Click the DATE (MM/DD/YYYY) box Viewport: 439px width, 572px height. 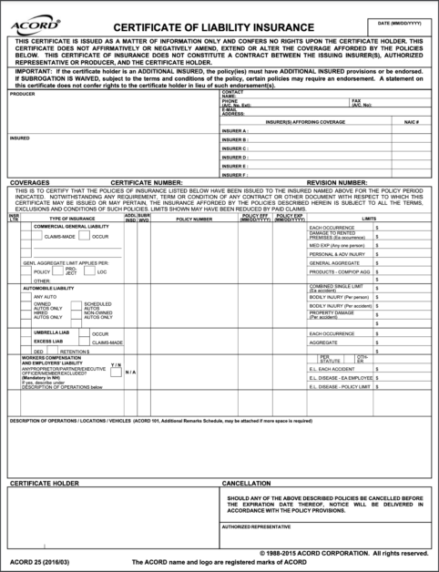[x=401, y=26]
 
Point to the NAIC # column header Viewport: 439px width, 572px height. [x=411, y=121]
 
